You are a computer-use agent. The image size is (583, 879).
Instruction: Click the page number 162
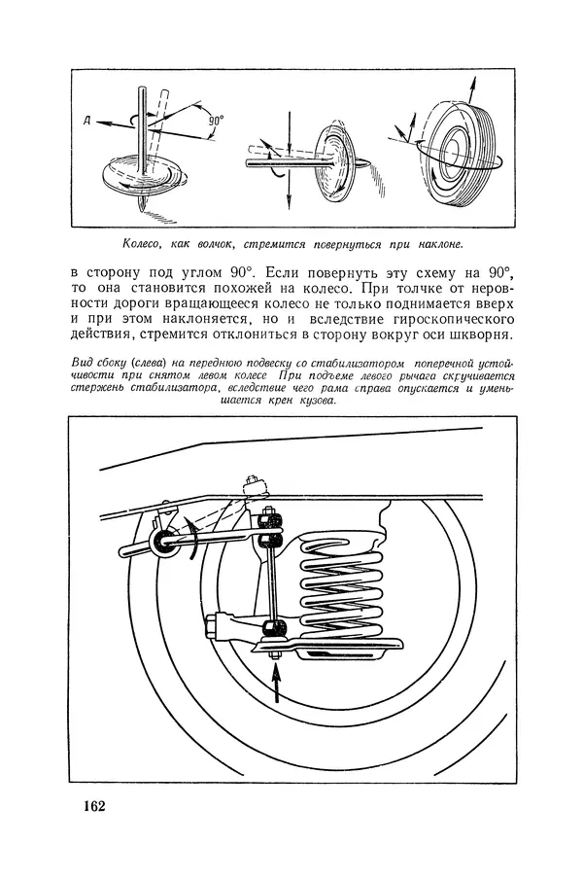(x=94, y=806)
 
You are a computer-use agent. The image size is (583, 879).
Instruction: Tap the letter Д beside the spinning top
(x=87, y=121)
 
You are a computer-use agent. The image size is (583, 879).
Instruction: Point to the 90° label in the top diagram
(x=216, y=120)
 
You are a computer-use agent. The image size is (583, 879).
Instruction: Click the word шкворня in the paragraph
(x=482, y=335)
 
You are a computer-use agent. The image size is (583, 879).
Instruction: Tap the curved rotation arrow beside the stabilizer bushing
(x=192, y=539)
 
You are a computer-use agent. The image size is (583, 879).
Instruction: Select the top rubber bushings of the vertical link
(x=270, y=529)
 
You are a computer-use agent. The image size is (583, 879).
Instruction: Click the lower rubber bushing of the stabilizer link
(x=274, y=627)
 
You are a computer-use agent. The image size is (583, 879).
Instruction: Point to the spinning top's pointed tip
(x=140, y=209)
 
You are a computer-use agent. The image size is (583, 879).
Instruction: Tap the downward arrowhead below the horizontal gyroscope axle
(x=289, y=203)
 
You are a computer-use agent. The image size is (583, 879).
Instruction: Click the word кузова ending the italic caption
(x=317, y=401)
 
